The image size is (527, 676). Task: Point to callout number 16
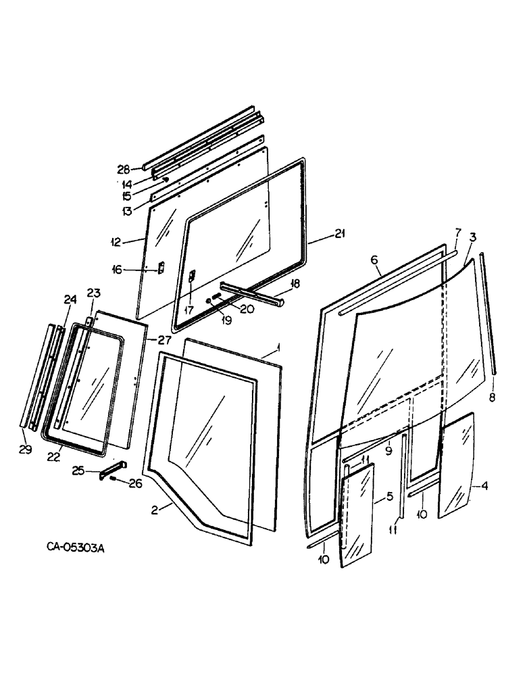(118, 270)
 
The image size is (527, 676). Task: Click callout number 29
(25, 450)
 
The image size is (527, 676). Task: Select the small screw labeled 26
(116, 480)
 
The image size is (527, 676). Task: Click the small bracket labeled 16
(160, 268)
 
